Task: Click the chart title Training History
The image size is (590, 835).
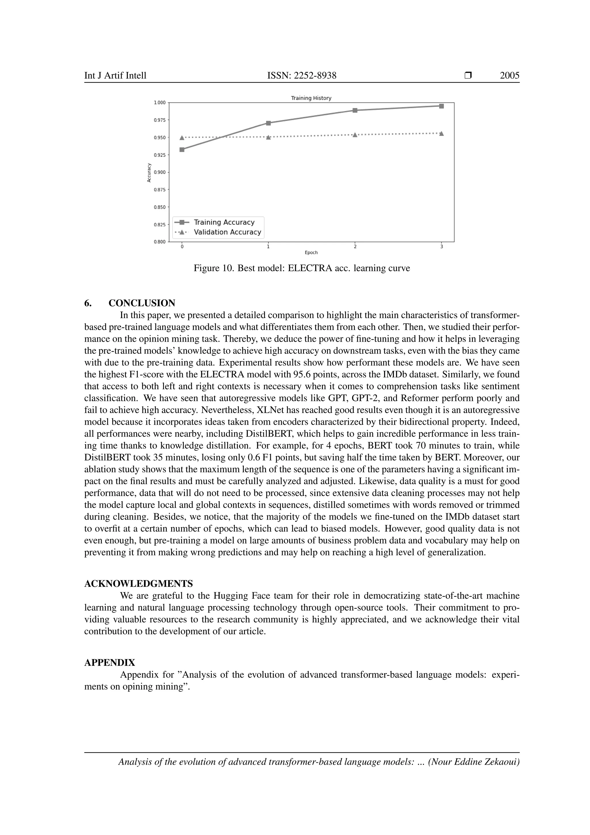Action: point(311,98)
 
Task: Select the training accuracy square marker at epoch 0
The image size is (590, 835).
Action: point(182,149)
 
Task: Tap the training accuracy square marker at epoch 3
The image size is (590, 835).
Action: point(441,106)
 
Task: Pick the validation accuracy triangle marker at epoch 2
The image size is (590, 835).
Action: point(355,135)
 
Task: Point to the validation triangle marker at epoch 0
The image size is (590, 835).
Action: point(182,138)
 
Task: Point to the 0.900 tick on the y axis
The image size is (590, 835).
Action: point(160,172)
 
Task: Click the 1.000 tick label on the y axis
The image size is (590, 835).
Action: point(160,103)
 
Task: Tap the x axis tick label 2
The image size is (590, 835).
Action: point(355,247)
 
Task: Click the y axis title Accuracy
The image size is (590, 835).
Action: point(149,172)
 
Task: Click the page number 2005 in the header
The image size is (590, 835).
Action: point(509,76)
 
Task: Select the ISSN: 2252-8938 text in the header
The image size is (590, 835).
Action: point(302,76)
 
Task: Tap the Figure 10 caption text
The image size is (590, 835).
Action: point(302,268)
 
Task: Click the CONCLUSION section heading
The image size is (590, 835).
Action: point(142,303)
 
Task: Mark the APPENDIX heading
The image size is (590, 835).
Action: point(110,663)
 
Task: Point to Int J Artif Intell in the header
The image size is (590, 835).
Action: point(115,76)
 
